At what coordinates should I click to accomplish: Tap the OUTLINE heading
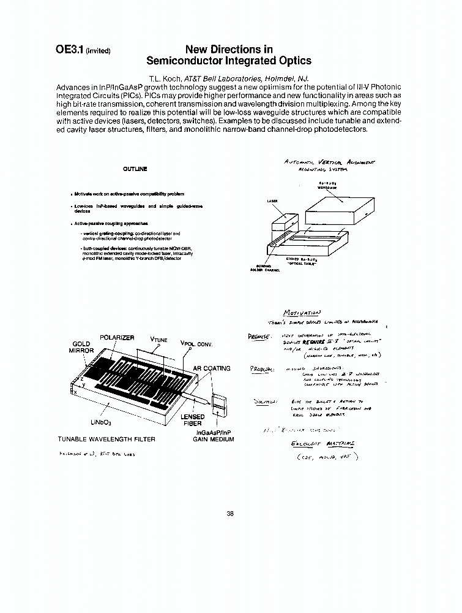tap(135, 169)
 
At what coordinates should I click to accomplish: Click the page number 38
tap(230, 514)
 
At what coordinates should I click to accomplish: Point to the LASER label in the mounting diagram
tap(273, 200)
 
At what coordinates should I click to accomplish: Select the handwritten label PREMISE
tap(256, 336)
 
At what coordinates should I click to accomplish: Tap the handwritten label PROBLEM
tap(263, 369)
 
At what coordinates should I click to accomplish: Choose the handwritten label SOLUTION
tap(264, 402)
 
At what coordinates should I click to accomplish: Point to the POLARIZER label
tap(117, 338)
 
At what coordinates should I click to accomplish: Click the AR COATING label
tap(212, 368)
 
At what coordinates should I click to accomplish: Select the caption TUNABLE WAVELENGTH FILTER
tap(106, 439)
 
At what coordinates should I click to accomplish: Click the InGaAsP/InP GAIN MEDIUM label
tap(213, 435)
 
